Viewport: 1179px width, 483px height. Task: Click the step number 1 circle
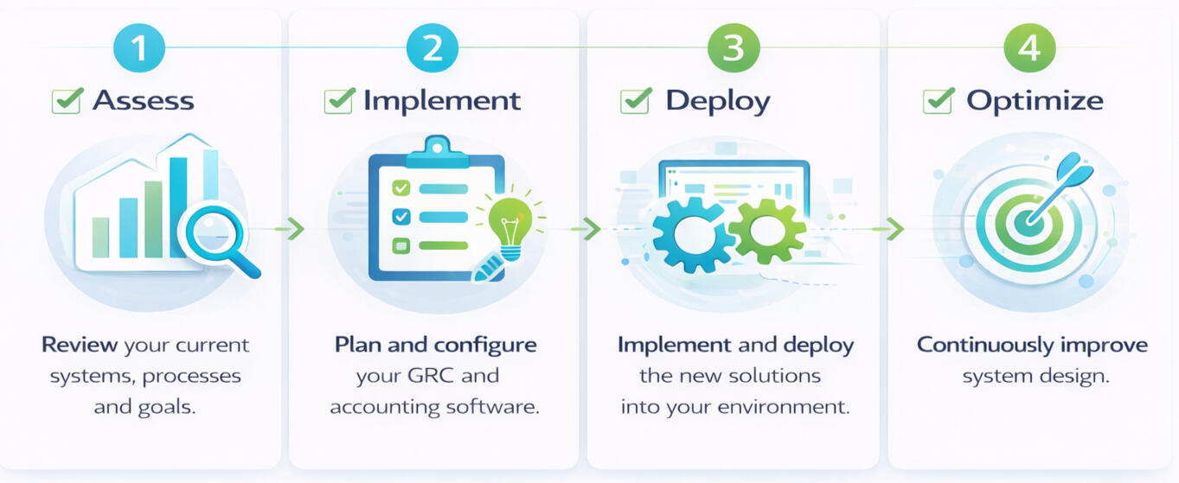tap(139, 48)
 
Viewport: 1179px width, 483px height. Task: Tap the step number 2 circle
tap(433, 48)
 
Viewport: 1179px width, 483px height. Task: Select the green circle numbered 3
tap(734, 48)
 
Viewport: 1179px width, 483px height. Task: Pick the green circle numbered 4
tap(1029, 48)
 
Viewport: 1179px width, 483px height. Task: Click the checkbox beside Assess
tap(67, 100)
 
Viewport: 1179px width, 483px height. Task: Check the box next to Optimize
tap(939, 100)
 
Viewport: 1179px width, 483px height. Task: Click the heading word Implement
tap(442, 101)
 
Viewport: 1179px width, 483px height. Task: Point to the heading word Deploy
tap(717, 101)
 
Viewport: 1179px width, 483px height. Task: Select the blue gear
tap(693, 235)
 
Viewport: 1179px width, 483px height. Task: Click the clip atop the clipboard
tap(437, 151)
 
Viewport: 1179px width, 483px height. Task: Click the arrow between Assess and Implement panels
tap(290, 229)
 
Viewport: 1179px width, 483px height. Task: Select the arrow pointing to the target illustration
tap(888, 229)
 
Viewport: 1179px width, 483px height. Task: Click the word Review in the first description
tap(80, 345)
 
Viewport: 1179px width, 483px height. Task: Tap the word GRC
tap(431, 376)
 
